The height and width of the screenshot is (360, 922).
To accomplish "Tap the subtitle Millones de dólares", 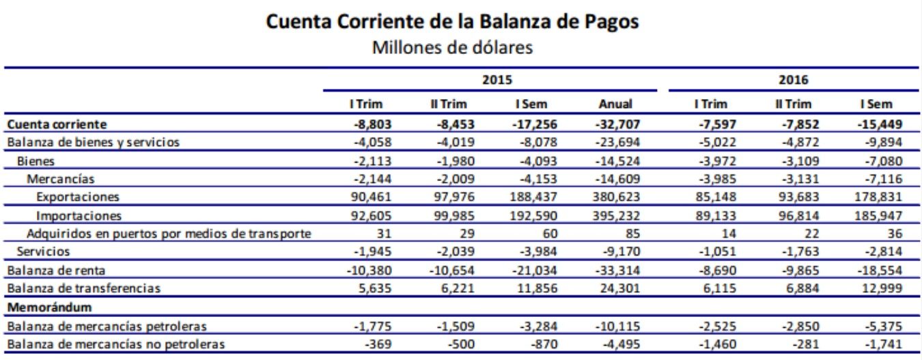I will pyautogui.click(x=461, y=49).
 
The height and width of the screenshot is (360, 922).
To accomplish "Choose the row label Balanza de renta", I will pyautogui.click(x=45, y=270).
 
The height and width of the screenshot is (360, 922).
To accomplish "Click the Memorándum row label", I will pyautogui.click(x=40, y=306).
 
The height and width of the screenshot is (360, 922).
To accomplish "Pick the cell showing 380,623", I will pyautogui.click(x=617, y=197).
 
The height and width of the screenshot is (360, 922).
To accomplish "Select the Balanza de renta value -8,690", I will pyautogui.click(x=707, y=270).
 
